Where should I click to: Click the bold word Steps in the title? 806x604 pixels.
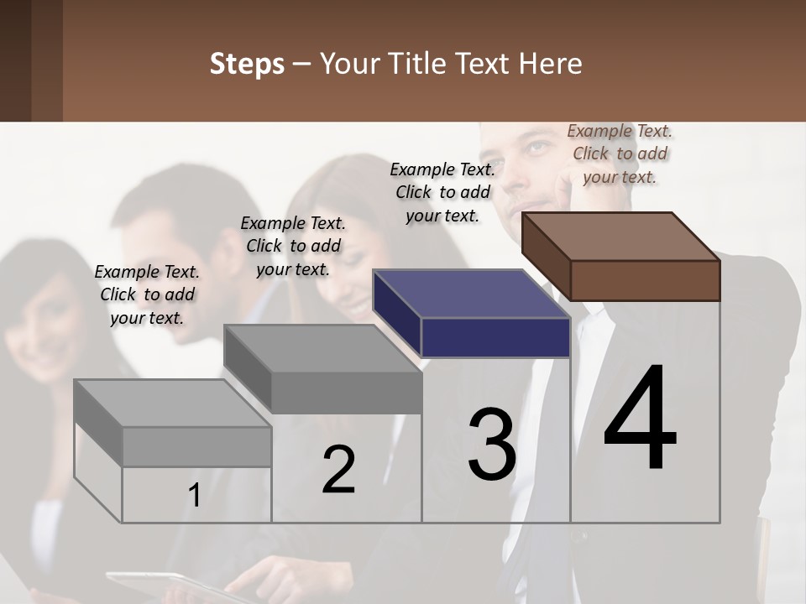coord(247,64)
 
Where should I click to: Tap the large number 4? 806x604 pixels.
coord(641,419)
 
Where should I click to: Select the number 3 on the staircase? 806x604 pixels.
coord(492,445)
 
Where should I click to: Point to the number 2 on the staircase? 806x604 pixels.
coord(338,470)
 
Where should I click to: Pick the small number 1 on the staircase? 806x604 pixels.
coord(195,496)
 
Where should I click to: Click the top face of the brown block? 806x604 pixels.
coord(620,237)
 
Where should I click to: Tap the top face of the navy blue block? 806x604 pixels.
coord(470,294)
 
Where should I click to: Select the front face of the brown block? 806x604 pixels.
coord(645,280)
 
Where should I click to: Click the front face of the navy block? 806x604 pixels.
coord(495,337)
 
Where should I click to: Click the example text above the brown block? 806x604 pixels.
coord(620,154)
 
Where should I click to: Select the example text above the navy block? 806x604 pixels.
coord(442,192)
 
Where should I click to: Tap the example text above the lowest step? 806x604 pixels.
coord(147,294)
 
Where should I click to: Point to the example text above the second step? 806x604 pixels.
coord(293,246)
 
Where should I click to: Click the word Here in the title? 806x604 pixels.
coord(552,64)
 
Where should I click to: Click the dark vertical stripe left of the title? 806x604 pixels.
coord(47,60)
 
